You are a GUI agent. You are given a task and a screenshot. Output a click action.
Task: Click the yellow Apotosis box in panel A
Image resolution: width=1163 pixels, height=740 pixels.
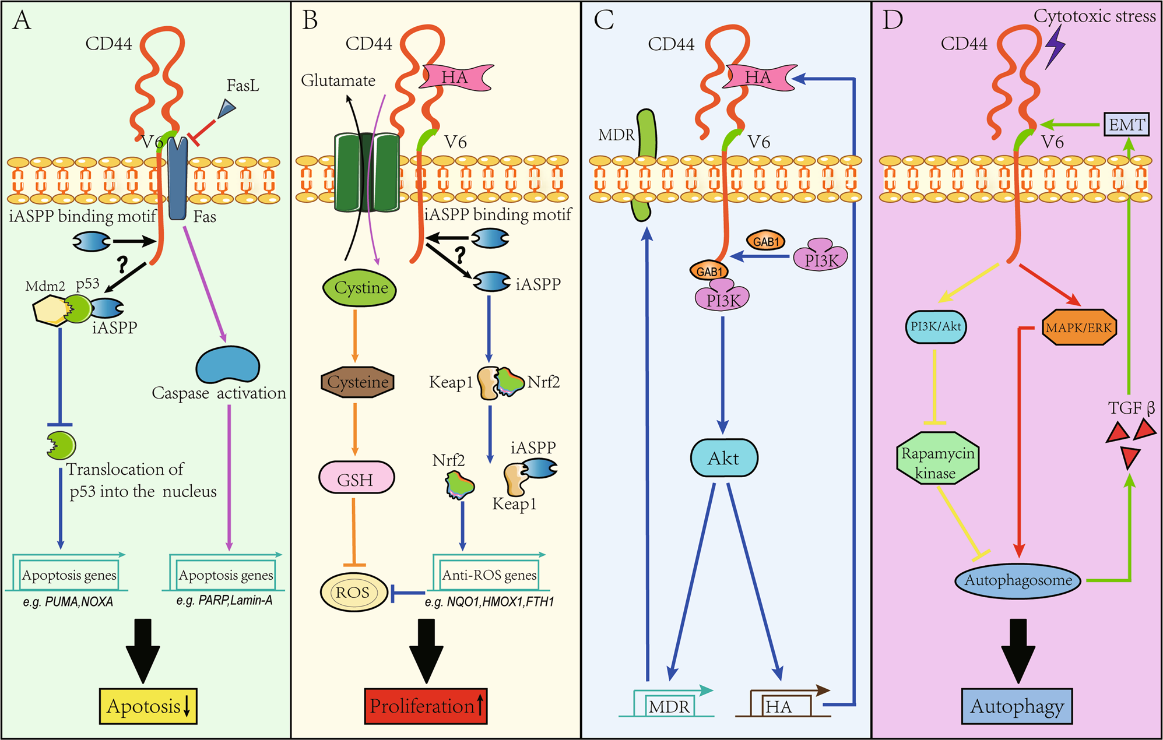click(148, 706)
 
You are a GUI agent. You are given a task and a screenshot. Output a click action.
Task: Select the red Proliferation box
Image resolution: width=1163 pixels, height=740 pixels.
click(426, 706)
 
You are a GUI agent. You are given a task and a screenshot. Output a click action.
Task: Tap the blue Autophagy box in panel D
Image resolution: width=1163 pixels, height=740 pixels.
click(1017, 706)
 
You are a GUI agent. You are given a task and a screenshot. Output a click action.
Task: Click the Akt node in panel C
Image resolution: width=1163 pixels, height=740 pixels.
click(723, 459)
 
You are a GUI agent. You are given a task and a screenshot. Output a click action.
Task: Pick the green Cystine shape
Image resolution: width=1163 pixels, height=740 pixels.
click(360, 288)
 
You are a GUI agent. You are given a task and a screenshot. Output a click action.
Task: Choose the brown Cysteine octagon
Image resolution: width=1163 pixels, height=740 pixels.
click(357, 382)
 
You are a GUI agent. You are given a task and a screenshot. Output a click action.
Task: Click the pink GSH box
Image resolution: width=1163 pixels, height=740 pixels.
click(356, 478)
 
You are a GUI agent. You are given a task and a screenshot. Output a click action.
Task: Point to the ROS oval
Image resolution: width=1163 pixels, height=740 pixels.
click(353, 593)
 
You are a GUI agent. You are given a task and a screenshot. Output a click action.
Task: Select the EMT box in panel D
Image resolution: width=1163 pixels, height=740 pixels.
click(1126, 125)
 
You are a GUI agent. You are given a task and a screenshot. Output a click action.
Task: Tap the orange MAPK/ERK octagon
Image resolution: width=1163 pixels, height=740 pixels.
click(1078, 327)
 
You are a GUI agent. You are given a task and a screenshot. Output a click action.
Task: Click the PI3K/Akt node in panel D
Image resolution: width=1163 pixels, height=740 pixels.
click(936, 327)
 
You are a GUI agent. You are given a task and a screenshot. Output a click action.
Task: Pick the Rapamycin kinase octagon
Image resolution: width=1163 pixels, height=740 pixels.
click(937, 459)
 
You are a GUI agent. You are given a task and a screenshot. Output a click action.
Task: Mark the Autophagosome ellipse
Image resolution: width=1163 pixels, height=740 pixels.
click(1018, 580)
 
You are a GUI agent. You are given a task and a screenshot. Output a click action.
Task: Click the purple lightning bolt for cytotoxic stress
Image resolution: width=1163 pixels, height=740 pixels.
click(1054, 47)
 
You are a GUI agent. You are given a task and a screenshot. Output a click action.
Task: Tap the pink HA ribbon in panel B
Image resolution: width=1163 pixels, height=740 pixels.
click(455, 77)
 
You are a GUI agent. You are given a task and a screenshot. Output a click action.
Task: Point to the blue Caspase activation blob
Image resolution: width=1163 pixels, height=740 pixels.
click(228, 365)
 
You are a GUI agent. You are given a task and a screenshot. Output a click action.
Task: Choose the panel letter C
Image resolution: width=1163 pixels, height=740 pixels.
click(603, 21)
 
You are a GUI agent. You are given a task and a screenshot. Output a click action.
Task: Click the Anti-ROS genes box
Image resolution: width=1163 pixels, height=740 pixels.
click(489, 575)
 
